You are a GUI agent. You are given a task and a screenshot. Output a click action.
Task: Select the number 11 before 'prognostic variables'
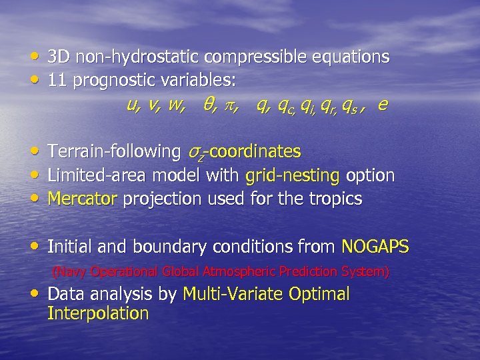click(57, 81)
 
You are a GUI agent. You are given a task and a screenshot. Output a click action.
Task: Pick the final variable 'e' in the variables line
click(382, 105)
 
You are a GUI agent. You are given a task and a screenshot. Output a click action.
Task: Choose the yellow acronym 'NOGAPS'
click(375, 247)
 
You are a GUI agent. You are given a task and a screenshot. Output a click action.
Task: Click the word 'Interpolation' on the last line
click(98, 314)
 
